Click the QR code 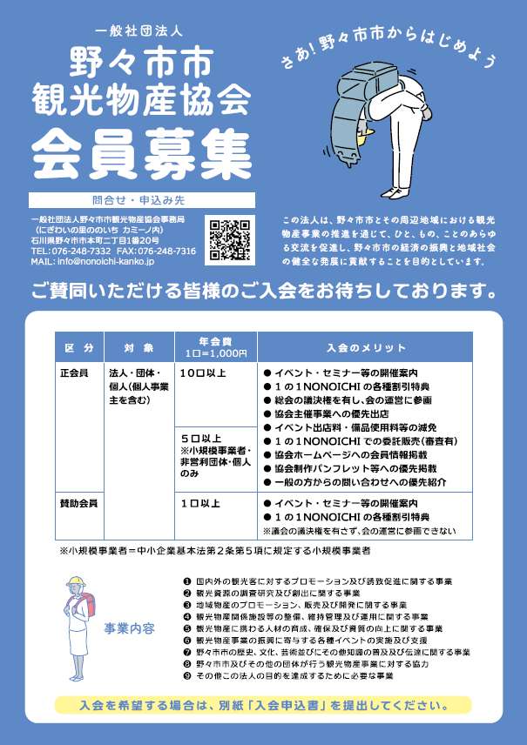tap(231, 238)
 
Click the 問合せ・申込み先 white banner tap(142, 200)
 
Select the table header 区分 tap(79, 347)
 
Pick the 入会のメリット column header tap(367, 347)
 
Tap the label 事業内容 tap(129, 628)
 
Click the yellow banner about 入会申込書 tap(262, 706)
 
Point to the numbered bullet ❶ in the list tap(187, 581)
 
